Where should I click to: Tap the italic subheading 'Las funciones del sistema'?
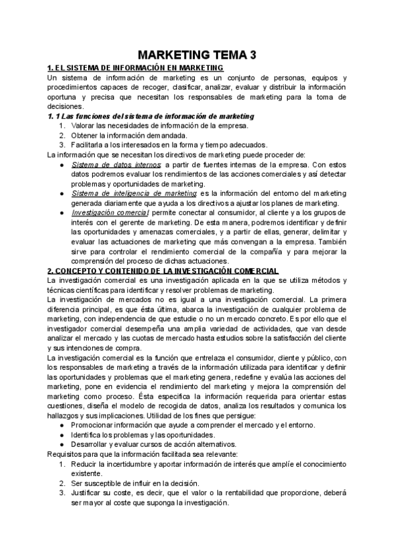coord(151,116)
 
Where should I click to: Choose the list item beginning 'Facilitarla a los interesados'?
coord(169,145)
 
